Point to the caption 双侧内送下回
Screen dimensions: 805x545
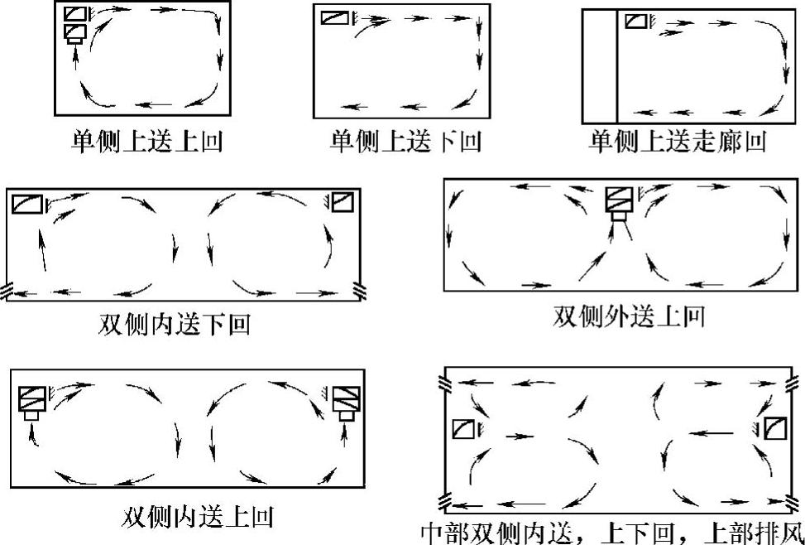click(174, 324)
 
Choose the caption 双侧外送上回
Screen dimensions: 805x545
click(629, 316)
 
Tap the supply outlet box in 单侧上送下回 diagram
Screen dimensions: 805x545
click(335, 18)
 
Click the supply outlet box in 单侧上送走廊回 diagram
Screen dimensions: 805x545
click(636, 21)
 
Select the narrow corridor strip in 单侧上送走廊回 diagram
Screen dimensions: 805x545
click(599, 66)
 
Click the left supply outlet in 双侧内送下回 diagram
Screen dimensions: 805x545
click(27, 203)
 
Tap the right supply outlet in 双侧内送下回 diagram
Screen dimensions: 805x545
click(343, 201)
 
